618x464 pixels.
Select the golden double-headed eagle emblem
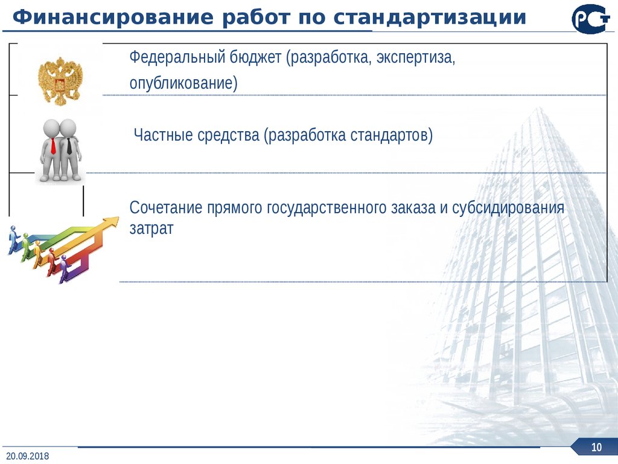60,80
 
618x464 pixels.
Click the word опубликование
183,83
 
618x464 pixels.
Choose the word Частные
164,135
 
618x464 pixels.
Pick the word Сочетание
165,208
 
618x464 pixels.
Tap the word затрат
151,228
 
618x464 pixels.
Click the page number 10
597,448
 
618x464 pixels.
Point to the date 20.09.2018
28,456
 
